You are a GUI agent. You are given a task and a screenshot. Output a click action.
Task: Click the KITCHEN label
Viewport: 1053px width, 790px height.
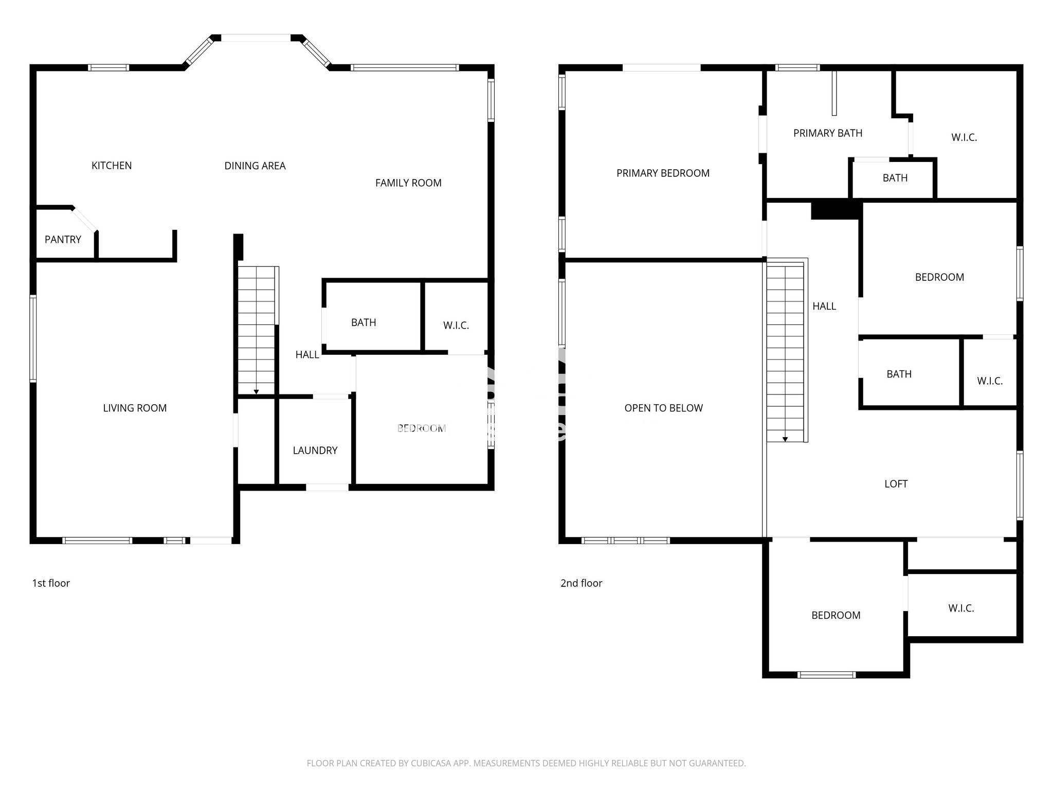coord(112,166)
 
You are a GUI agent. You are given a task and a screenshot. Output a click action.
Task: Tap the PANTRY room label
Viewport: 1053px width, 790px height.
coord(63,239)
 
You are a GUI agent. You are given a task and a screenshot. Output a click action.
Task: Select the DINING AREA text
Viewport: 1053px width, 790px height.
coord(255,166)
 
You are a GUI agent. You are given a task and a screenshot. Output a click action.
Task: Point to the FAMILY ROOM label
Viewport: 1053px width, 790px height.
coord(408,183)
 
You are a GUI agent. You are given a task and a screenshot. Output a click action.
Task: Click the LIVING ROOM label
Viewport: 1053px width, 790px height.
coord(135,408)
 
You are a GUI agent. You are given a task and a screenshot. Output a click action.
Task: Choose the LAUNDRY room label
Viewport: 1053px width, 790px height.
coord(315,451)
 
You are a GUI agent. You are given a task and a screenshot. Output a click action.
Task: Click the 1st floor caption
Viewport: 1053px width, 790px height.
coord(51,583)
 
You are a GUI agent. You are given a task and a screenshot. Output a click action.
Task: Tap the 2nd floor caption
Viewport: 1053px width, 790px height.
coord(581,583)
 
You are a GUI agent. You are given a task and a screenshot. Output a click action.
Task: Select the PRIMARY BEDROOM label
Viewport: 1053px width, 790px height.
coord(663,173)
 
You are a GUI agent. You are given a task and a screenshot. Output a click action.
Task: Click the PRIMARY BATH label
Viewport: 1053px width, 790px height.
coord(828,133)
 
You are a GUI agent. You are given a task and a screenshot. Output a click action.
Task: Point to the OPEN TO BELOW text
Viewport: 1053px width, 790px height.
coord(663,408)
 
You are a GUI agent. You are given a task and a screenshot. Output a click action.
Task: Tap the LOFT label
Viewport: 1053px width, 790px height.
coord(896,483)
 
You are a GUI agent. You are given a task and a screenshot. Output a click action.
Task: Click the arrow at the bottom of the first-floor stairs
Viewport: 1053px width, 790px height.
coord(256,392)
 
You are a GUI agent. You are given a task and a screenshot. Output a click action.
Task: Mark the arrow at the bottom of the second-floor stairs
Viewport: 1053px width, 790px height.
coord(785,439)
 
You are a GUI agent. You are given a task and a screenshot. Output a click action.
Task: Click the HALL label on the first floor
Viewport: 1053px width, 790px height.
coord(307,354)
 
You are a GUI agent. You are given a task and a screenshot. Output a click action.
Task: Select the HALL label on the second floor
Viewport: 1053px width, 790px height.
coord(824,306)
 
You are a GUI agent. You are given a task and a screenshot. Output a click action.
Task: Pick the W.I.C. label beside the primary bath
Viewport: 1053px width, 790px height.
coord(964,137)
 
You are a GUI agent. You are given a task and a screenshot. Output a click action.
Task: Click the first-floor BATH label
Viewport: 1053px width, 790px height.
coord(364,322)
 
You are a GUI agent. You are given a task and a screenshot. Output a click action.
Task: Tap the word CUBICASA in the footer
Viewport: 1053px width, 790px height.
coord(431,763)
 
